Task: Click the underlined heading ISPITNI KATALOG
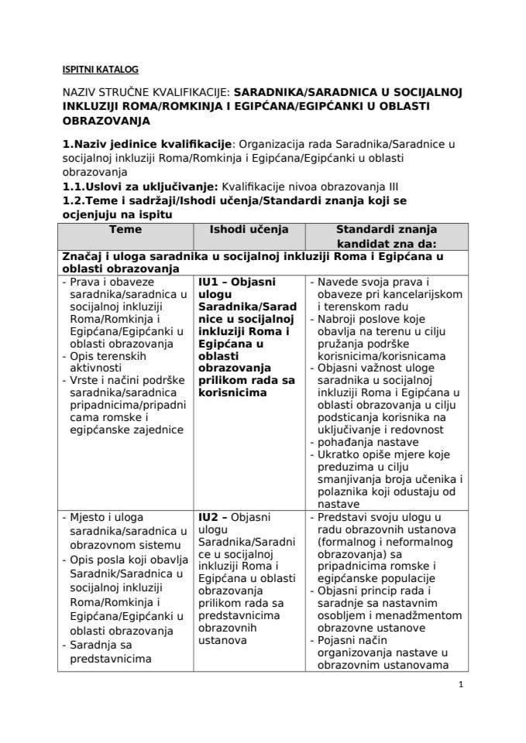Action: tap(100, 68)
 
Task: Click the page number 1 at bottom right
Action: tap(461, 684)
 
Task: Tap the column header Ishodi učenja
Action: tap(249, 230)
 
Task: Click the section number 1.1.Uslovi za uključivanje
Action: tap(140, 187)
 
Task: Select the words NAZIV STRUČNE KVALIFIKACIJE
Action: tap(146, 91)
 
